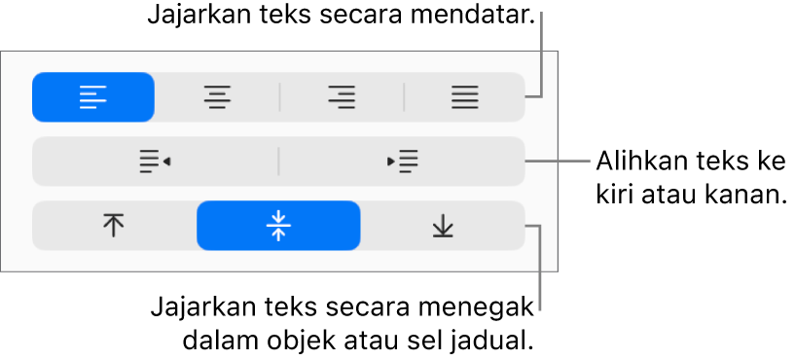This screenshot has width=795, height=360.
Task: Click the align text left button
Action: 93,97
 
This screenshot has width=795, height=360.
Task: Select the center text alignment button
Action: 218,97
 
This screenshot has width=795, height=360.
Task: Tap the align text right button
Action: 342,97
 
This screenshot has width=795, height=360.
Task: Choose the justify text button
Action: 464,97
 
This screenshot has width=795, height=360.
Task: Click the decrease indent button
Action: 155,162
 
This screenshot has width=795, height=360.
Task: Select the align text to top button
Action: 114,226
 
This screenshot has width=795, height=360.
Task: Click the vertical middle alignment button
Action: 278,226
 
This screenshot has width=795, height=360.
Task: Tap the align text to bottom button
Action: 443,226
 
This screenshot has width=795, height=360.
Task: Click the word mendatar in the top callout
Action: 472,17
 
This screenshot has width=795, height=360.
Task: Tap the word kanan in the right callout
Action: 739,196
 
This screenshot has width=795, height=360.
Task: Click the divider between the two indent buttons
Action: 278,162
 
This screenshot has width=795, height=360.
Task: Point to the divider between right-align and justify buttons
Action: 404,97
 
